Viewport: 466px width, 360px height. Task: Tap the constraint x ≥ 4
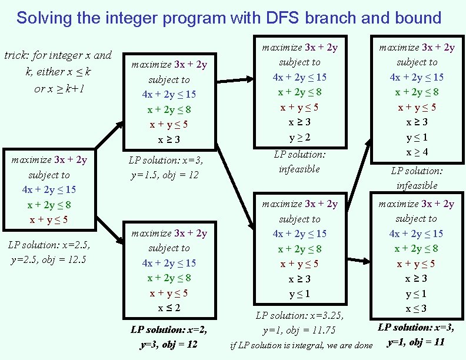pyautogui.click(x=417, y=152)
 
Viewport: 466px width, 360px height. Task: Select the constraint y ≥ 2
pyautogui.click(x=299, y=137)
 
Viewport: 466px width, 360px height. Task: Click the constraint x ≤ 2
pyautogui.click(x=169, y=308)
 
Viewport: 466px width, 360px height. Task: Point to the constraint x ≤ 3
pyautogui.click(x=416, y=308)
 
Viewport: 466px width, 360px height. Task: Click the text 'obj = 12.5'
pyautogui.click(x=64, y=259)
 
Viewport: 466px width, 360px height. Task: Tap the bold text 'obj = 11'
pyautogui.click(x=424, y=342)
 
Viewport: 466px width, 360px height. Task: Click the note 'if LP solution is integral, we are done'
pyautogui.click(x=301, y=345)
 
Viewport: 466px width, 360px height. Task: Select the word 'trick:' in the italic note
pyautogui.click(x=17, y=56)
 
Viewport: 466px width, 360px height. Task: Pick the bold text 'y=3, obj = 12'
pyautogui.click(x=169, y=344)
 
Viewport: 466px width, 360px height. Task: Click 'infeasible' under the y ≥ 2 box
pyautogui.click(x=299, y=169)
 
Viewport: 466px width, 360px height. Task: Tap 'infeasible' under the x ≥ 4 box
pyautogui.click(x=417, y=185)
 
